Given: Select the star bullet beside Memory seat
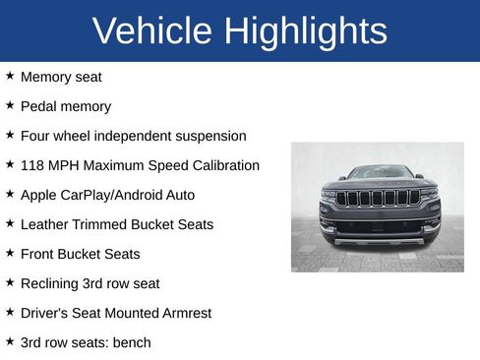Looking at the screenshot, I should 10,76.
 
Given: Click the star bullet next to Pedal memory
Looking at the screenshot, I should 10,105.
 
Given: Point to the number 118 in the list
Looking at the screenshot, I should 32,165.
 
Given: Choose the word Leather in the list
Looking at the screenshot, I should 44,224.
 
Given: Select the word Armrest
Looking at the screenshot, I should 183,313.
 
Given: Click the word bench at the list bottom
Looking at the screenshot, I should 132,342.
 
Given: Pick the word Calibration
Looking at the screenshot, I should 222,165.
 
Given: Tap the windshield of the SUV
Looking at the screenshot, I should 380,172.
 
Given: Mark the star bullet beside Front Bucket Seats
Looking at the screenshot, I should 10,253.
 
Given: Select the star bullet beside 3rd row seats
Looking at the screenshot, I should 10,341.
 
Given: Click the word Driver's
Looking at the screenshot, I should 46,313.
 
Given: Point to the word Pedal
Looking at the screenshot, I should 39,106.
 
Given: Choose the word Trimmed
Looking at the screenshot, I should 100,224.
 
